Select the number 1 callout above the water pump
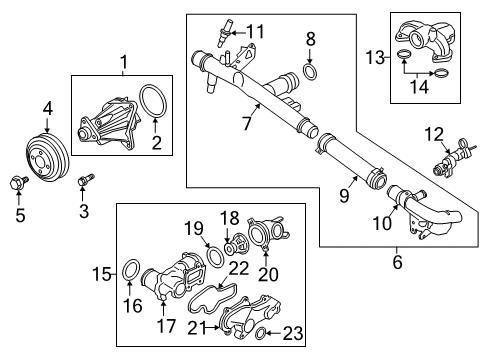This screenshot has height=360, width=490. point(124,65)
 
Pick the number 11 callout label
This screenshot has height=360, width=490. point(255,31)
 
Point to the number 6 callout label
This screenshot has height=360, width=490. point(397,263)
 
